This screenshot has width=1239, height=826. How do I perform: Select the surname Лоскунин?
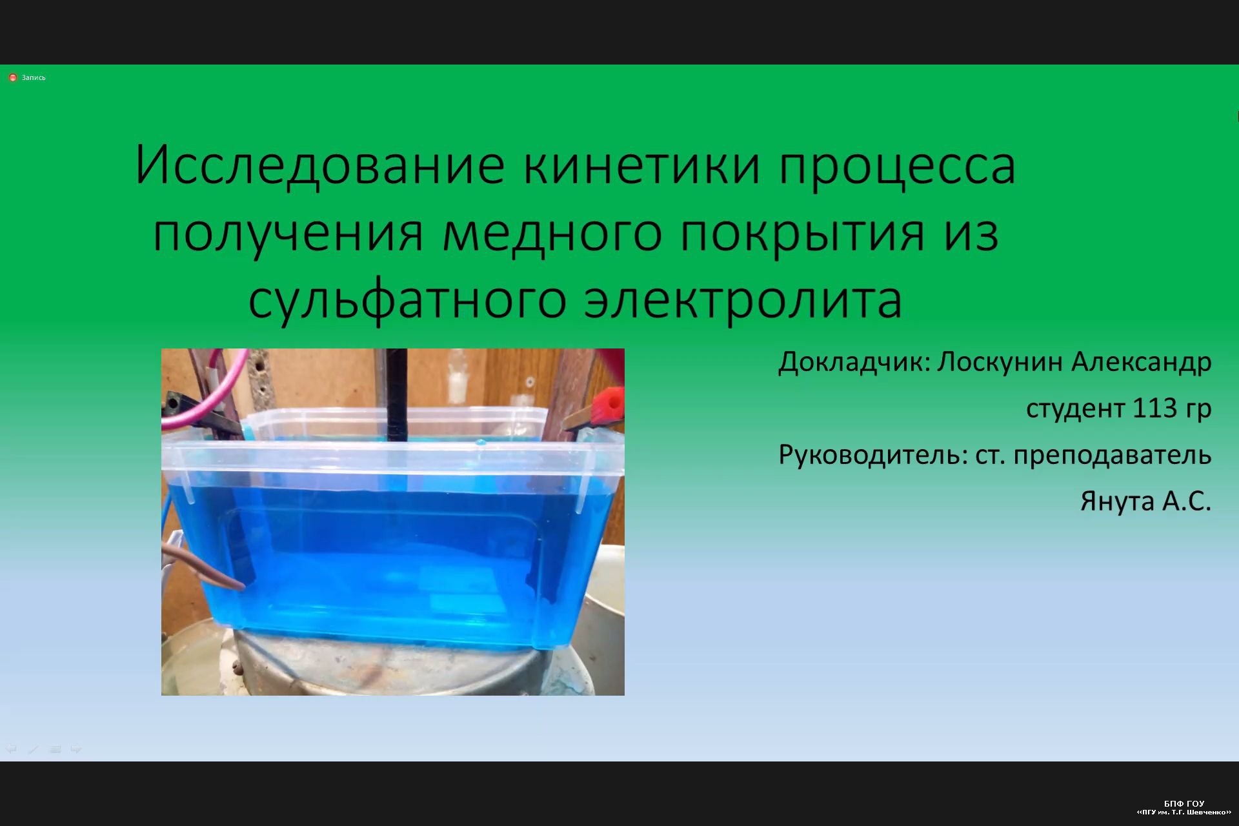pyautogui.click(x=1000, y=363)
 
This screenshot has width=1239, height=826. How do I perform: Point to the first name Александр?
pyautogui.click(x=1142, y=363)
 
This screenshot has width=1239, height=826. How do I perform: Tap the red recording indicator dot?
pyautogui.click(x=12, y=77)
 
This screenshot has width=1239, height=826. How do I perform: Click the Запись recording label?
pyautogui.click(x=34, y=77)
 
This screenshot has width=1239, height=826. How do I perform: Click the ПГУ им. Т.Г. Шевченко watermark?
pyautogui.click(x=1184, y=812)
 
